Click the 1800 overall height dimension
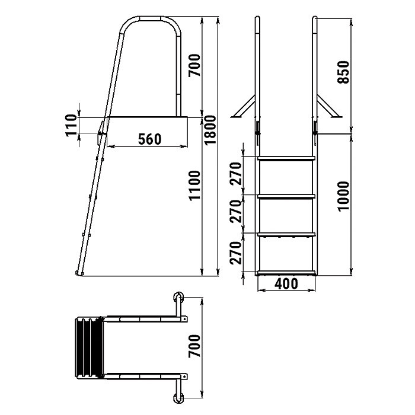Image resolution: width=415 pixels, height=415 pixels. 210,130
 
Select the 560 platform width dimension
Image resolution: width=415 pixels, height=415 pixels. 149,139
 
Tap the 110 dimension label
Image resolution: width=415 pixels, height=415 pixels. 71,125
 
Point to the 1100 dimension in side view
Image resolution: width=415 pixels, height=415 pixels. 195,185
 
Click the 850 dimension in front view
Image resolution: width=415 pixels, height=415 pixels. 343,72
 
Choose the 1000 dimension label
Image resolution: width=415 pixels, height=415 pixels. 343,196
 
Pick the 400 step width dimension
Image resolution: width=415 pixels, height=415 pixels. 286,284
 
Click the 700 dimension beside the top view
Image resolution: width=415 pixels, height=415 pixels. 194,346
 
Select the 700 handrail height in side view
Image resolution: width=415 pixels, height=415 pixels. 194,65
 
